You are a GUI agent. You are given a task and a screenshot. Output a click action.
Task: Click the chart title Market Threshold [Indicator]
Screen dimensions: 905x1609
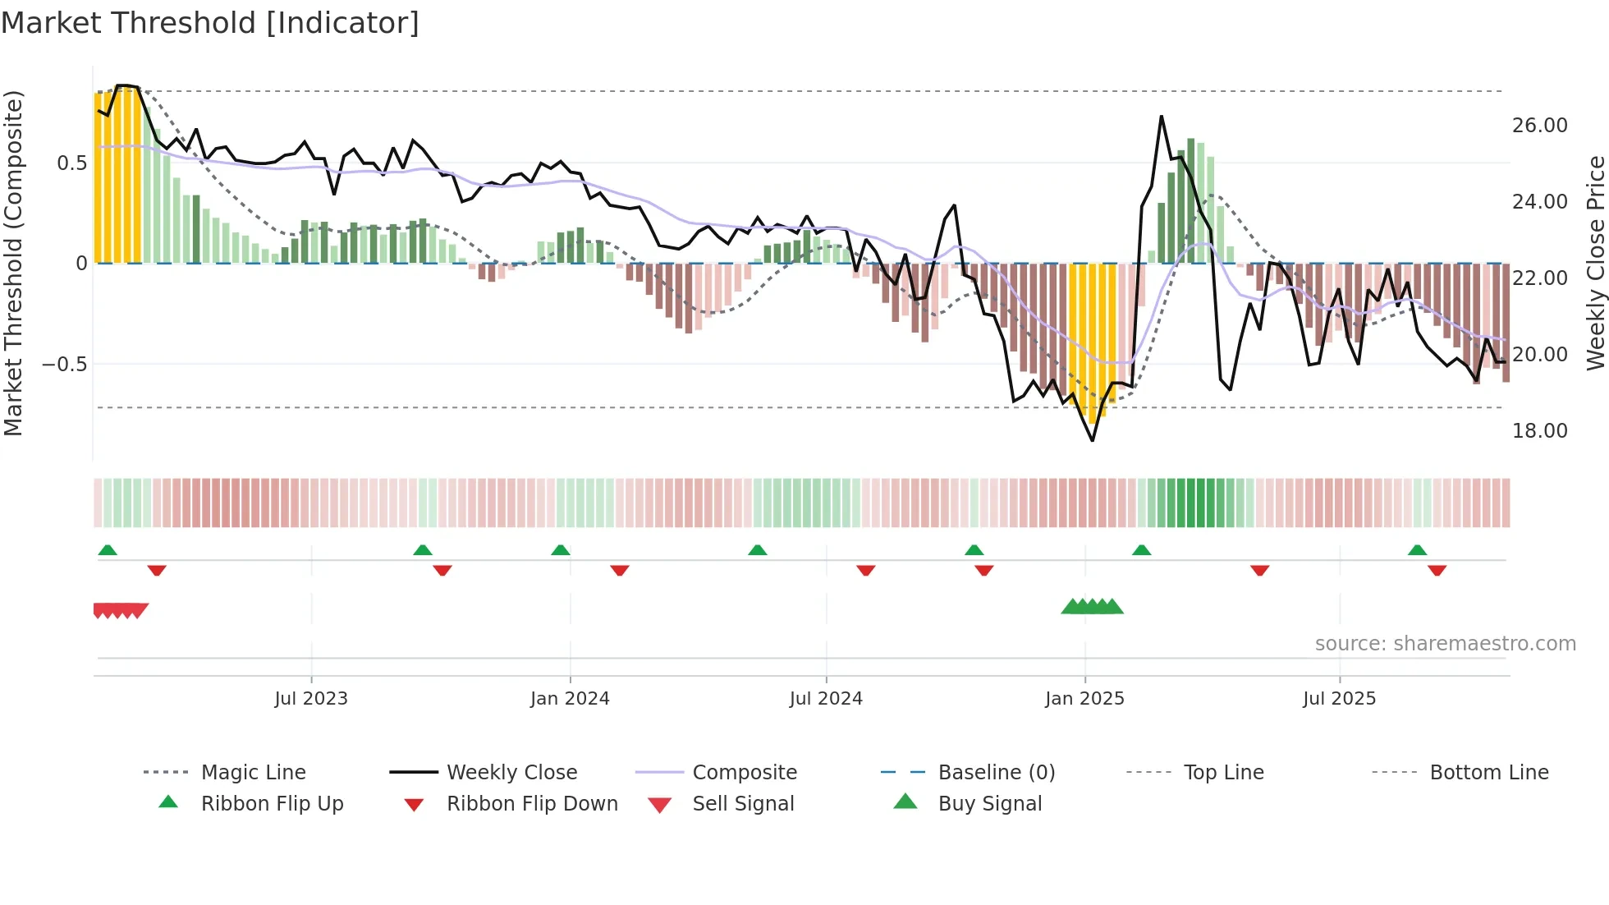[x=210, y=23]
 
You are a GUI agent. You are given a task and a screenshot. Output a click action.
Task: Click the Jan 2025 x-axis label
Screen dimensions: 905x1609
[x=1084, y=699]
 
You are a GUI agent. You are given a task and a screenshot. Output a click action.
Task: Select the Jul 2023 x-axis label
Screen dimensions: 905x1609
[x=311, y=699]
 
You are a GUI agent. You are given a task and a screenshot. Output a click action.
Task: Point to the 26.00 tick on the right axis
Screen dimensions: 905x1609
[x=1539, y=126]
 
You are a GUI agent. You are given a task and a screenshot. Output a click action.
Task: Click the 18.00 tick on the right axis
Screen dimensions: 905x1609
[x=1539, y=431]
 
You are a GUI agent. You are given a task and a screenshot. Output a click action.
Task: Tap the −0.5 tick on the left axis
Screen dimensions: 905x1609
[x=65, y=364]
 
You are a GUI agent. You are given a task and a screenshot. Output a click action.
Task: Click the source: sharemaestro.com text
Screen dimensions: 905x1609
[x=1445, y=644]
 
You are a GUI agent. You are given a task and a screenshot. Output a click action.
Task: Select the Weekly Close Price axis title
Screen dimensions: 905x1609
[x=1595, y=263]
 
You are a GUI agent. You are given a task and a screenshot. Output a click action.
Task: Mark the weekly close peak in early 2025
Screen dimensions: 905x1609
[x=1162, y=117]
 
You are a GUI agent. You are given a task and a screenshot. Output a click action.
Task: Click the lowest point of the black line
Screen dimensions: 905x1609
[x=1093, y=441]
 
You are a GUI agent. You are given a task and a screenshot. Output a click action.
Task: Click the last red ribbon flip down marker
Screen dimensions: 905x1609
[x=1437, y=571]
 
